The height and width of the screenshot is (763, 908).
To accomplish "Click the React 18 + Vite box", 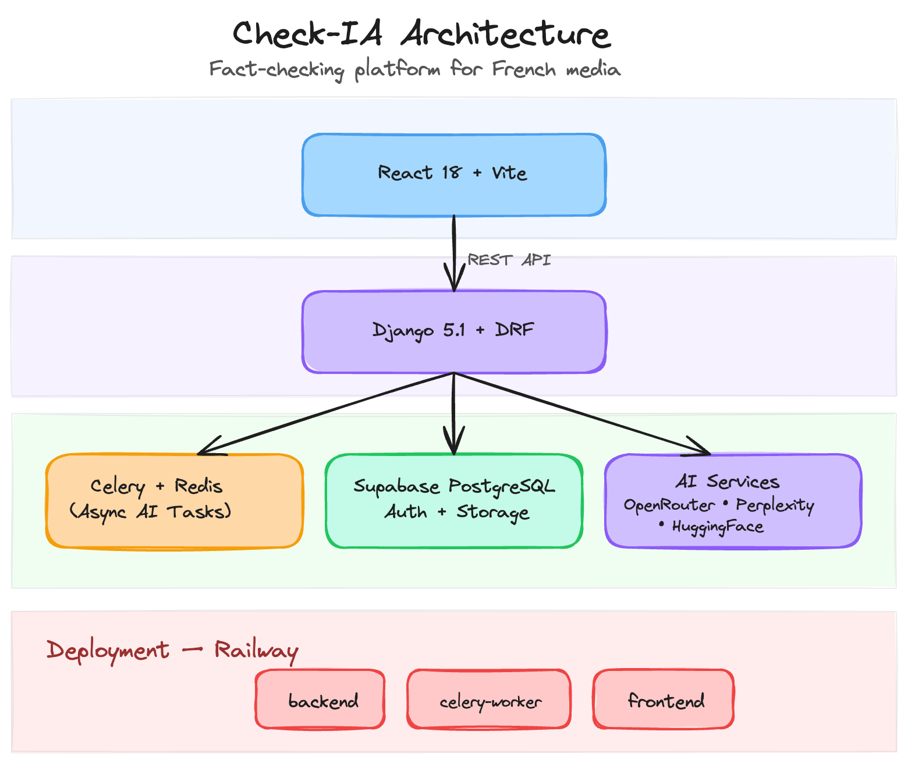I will pos(453,175).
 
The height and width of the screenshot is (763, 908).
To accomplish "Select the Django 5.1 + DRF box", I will pos(453,331).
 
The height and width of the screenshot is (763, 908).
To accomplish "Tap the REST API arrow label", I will pos(509,260).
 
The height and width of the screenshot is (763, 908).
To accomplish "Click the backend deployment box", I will pos(320,699).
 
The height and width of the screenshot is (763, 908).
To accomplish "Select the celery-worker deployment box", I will pos(489,699).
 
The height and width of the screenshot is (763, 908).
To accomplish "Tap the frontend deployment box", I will pos(664,699).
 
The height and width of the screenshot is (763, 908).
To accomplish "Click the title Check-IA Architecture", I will pos(421,34).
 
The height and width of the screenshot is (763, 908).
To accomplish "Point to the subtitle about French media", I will pos(414,69).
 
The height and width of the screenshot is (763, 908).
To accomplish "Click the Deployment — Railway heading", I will pos(172,650).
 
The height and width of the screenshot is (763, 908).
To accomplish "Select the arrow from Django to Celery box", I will pos(326,414).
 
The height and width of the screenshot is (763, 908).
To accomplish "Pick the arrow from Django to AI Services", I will pos(582,414).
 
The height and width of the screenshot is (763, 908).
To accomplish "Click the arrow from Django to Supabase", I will pos(454,414).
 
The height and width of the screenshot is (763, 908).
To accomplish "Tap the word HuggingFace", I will pos(717,527).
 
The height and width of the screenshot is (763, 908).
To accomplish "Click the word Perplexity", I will pos(774,505).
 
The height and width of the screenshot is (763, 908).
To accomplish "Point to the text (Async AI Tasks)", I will pos(150,512).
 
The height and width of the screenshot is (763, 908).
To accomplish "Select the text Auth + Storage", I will pos(457,512).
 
